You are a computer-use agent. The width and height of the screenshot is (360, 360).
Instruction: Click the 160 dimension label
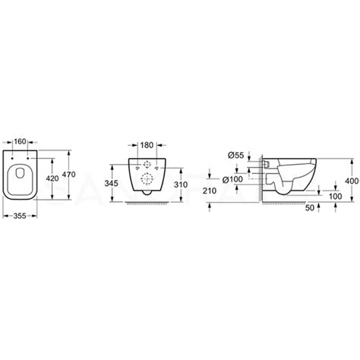coord(20,141)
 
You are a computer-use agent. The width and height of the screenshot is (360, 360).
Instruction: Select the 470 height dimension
coord(68,175)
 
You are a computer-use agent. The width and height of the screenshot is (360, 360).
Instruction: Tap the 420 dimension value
coord(52,178)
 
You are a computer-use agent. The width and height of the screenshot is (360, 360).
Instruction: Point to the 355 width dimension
coord(20,216)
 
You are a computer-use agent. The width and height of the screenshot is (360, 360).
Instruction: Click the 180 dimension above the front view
coord(147,145)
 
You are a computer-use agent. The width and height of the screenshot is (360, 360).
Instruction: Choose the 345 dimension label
coord(111,183)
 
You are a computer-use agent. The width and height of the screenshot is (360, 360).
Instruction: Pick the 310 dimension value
coord(181,185)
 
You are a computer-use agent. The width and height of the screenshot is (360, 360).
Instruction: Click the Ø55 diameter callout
coord(235,155)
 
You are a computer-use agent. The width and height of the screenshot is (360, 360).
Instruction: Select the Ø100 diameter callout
coord(232,179)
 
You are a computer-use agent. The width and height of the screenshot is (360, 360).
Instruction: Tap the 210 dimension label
coord(210,191)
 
